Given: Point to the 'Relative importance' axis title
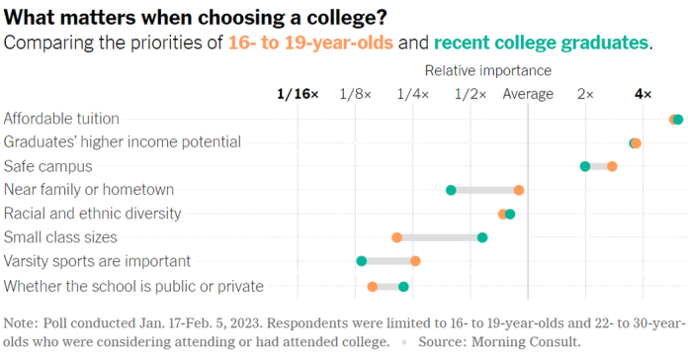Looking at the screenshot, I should coord(487,70).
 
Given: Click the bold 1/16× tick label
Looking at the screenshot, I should coord(298,94).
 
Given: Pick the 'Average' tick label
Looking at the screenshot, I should coord(528,94).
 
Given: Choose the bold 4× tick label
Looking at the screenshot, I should coord(643,94).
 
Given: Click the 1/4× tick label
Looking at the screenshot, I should coord(412,94).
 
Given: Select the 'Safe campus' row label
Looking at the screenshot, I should coord(48,166).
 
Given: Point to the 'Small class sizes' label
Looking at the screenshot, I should coord(61,237).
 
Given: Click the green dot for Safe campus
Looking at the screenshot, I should coord(585,166).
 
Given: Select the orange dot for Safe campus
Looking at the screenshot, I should coord(612,166).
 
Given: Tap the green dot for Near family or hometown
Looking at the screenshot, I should coord(451,190).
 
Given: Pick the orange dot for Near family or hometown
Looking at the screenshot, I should coord(518,190).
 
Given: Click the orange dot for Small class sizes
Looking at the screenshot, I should coord(396,237).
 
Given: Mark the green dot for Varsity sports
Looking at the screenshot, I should coord(362,261).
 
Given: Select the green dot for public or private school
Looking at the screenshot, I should coord(403,287).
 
